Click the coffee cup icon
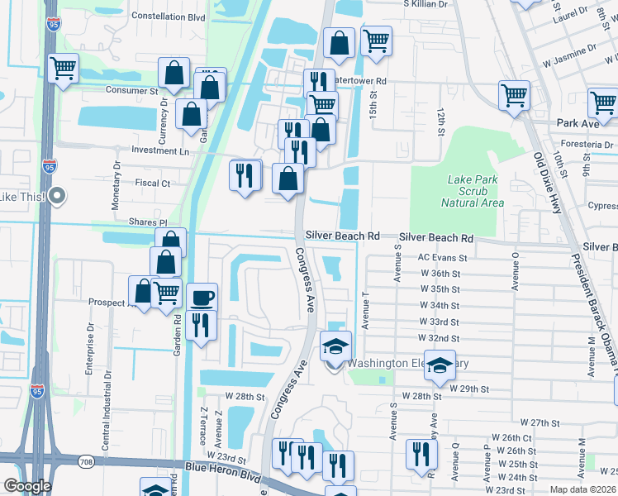(202, 298)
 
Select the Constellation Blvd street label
(168, 16)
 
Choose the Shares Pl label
(148, 222)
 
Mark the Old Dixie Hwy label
(548, 183)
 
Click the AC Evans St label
(442, 258)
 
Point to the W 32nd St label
(440, 339)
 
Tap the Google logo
(27, 486)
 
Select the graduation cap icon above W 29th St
(440, 364)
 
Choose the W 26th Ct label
(511, 437)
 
